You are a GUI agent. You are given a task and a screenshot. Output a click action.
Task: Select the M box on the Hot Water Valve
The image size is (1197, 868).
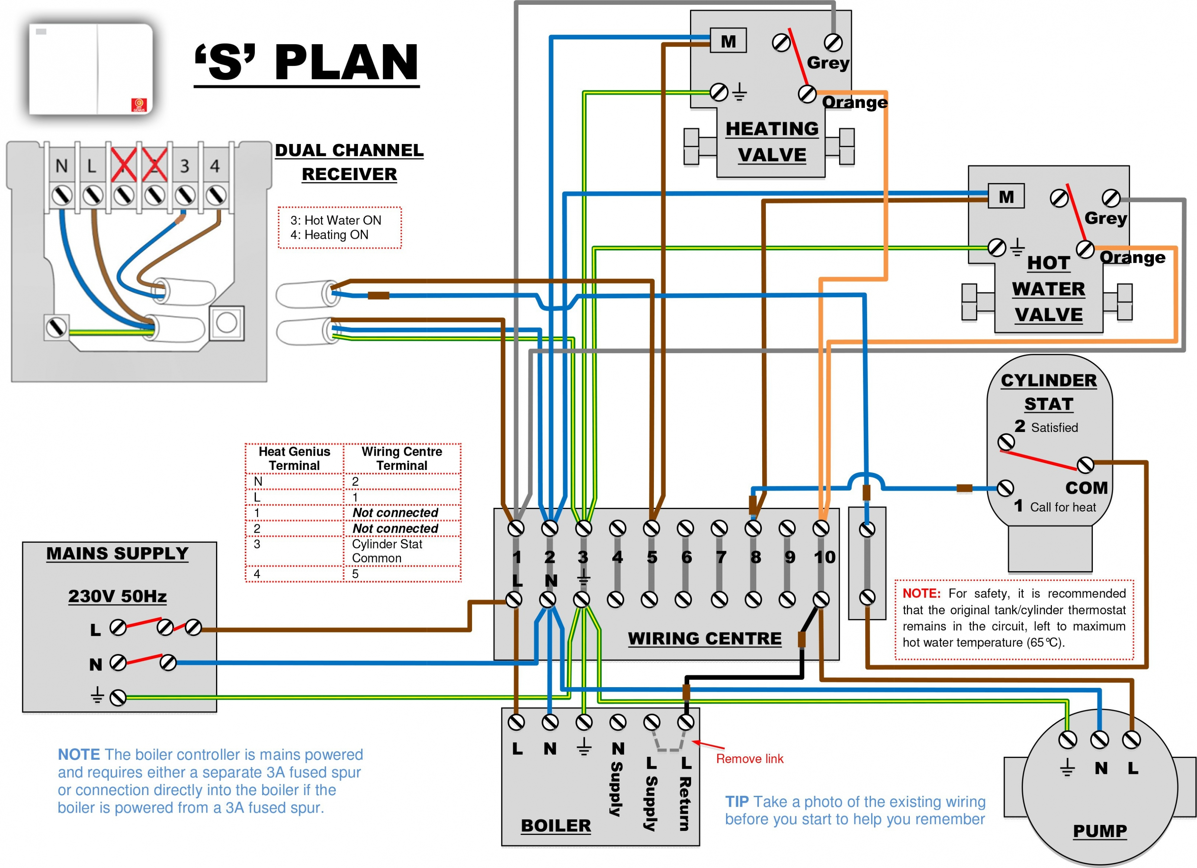tap(1006, 196)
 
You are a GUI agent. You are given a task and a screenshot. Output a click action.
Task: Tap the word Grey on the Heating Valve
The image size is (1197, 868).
tap(828, 63)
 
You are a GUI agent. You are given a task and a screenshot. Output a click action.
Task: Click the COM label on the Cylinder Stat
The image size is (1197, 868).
tap(1086, 487)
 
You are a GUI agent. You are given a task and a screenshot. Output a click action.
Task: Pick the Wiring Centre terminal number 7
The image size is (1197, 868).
tap(721, 557)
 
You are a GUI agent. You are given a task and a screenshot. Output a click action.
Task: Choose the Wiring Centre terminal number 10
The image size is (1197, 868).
tap(824, 557)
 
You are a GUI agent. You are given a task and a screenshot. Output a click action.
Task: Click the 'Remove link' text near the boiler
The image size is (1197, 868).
tap(750, 759)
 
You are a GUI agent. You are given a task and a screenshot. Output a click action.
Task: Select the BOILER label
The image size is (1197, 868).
tap(556, 825)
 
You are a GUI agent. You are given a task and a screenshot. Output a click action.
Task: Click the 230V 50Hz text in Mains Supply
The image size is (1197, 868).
tap(117, 596)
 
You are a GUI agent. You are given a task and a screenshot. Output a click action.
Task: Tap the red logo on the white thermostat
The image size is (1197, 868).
tap(139, 105)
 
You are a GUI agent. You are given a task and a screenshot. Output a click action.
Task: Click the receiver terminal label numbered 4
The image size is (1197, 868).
tap(215, 166)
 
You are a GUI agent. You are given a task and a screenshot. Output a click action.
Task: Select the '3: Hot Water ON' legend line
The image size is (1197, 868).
tap(336, 220)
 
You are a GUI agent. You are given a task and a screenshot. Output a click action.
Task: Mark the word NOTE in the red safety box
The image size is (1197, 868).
tap(921, 593)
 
